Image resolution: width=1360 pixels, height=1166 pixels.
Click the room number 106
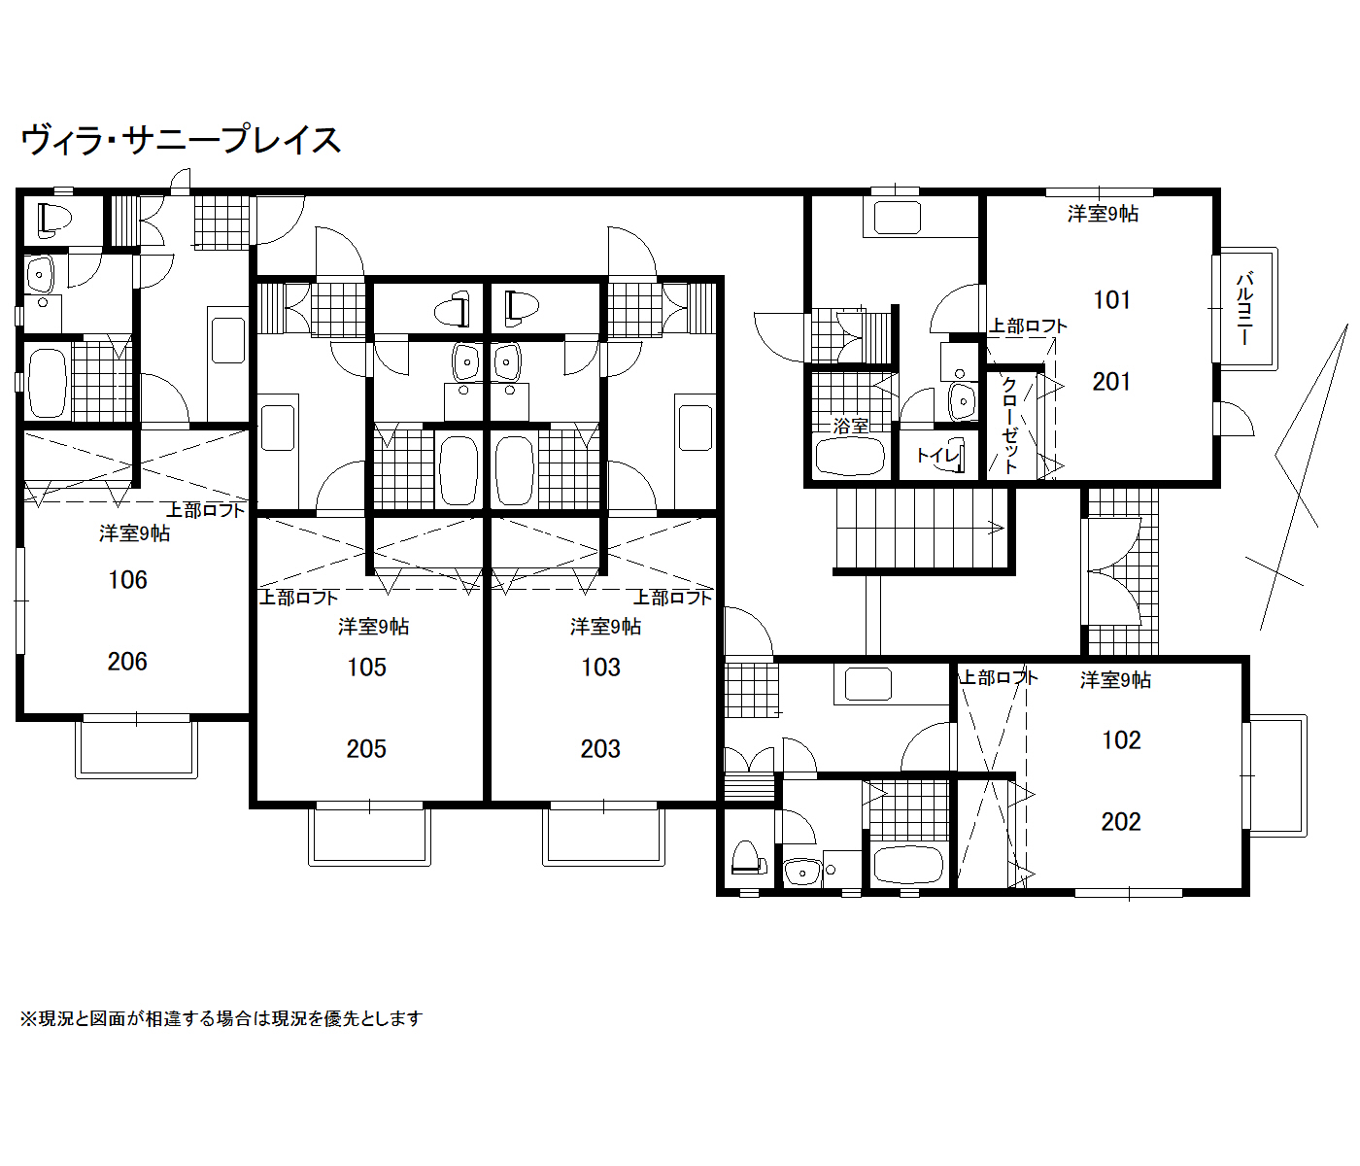pos(127,580)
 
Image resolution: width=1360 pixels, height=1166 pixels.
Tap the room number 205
pos(366,749)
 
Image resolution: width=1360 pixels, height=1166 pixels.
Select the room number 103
pos(600,668)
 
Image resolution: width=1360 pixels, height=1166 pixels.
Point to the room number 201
pos(1111,382)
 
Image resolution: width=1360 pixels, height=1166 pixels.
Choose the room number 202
pos(1121,822)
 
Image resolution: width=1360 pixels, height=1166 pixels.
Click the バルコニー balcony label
pos(1244,308)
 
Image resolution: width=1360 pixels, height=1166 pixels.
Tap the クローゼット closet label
pos(1010,425)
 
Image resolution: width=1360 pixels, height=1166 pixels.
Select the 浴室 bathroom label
pos(851,427)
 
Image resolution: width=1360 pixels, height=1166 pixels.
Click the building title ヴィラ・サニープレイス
pos(182,140)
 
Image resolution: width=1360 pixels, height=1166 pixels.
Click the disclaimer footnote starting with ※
pos(221,1019)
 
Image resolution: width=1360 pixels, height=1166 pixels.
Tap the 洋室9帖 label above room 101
pos(1103,214)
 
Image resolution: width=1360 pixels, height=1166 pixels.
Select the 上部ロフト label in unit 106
pos(205,510)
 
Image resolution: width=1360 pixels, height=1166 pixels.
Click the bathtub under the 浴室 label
pos(850,456)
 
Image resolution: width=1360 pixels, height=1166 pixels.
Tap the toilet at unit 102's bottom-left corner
pos(748,858)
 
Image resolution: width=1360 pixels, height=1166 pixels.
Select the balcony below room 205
pos(370,835)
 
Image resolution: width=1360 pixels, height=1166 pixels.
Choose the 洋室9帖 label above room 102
pos(1115,680)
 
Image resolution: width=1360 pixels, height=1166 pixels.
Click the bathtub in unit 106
pos(48,383)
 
